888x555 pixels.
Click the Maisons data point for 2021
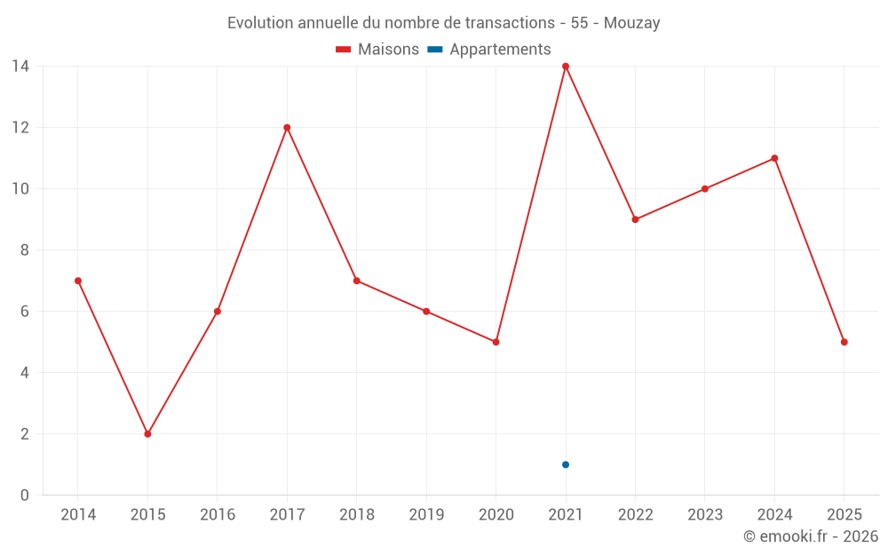pyautogui.click(x=566, y=67)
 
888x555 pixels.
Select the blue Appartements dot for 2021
pyautogui.click(x=566, y=464)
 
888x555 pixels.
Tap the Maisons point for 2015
pyautogui.click(x=147, y=434)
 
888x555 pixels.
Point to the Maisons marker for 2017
pyautogui.click(x=287, y=128)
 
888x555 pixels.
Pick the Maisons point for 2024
pyautogui.click(x=774, y=158)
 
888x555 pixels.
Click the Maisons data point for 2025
pyautogui.click(x=844, y=342)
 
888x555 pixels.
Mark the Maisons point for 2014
pyautogui.click(x=78, y=281)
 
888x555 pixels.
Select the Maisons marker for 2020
pyautogui.click(x=496, y=342)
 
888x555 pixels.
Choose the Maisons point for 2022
pyautogui.click(x=635, y=219)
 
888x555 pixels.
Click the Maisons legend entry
pyautogui.click(x=377, y=50)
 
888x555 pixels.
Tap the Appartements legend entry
pyautogui.click(x=489, y=50)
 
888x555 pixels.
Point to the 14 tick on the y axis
pyautogui.click(x=20, y=67)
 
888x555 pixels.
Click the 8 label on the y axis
pyautogui.click(x=25, y=250)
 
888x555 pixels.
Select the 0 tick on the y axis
pyautogui.click(x=25, y=496)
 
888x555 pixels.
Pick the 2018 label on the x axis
pyautogui.click(x=357, y=515)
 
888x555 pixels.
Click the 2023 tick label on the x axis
pyautogui.click(x=705, y=515)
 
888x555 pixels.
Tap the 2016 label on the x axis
pyautogui.click(x=218, y=515)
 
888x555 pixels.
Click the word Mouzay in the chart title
pyautogui.click(x=631, y=23)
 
